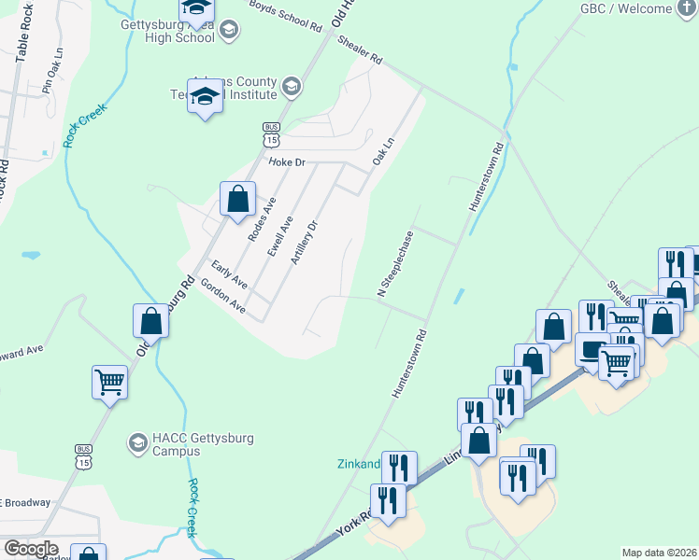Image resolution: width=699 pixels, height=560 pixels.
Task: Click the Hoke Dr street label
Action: [287, 162]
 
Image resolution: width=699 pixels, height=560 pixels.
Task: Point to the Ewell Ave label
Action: [280, 236]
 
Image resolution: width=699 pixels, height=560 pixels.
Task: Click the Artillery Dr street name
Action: [305, 242]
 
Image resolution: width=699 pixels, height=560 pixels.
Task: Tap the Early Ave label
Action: [229, 273]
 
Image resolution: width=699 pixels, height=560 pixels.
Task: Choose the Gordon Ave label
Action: [222, 299]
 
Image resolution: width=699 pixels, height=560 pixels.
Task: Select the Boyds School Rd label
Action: [285, 16]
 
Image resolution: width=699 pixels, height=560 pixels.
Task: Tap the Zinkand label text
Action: [358, 464]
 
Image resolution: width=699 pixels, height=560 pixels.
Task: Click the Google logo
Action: [31, 549]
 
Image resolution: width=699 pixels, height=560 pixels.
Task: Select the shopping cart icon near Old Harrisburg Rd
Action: [110, 382]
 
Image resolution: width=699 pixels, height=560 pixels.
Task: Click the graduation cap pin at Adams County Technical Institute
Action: [205, 97]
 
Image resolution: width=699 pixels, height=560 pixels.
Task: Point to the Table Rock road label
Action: [24, 37]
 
